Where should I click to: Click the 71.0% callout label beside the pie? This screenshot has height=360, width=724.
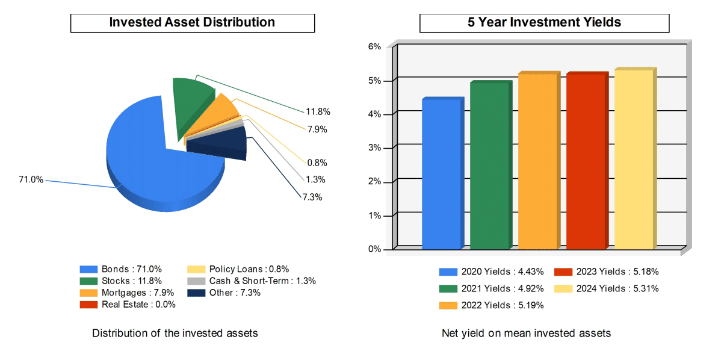pos(31,179)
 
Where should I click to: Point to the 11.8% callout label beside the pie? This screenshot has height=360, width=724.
pos(318,112)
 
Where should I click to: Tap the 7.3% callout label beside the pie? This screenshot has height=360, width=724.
pos(312,197)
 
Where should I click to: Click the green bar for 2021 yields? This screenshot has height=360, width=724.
pos(489,165)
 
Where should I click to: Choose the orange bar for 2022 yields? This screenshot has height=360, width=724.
pos(537,161)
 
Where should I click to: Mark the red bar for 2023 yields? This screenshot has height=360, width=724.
pos(586,161)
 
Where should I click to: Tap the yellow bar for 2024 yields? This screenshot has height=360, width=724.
pos(634,159)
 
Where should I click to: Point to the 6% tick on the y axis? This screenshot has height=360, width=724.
pos(374,47)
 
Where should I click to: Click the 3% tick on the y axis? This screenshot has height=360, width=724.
pos(374,148)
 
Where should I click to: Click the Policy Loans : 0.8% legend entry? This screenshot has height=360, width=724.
pos(239,270)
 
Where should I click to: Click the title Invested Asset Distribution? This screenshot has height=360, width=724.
pos(192,23)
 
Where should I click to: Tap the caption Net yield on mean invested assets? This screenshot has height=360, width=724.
pos(526,334)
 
